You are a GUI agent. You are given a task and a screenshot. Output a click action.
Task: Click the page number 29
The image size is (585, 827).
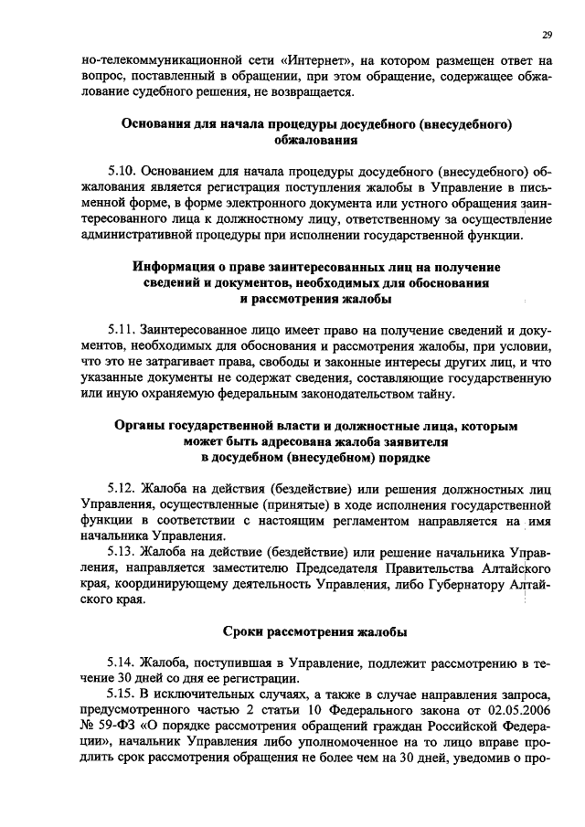point(546,35)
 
